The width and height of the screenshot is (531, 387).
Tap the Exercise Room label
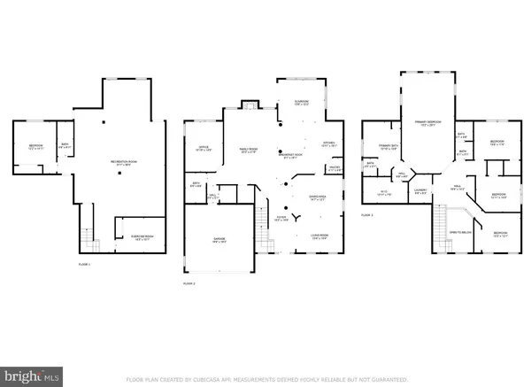click(135, 236)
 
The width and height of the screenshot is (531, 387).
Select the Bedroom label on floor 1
click(36, 147)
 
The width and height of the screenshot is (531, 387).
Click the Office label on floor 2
click(202, 150)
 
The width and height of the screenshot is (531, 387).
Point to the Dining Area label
click(305, 199)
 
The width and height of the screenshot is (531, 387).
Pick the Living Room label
click(320, 236)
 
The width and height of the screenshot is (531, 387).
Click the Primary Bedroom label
click(427, 125)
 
